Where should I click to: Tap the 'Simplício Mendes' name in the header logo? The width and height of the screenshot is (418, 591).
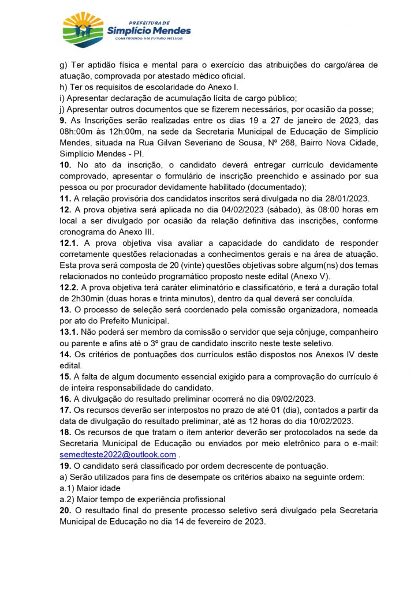click(x=148, y=31)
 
